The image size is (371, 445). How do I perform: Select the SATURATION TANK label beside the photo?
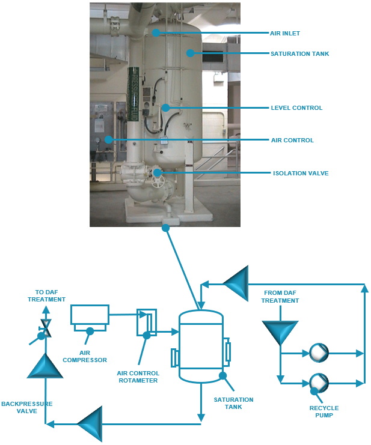click(x=299, y=53)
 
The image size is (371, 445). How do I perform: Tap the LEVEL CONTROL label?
click(x=296, y=108)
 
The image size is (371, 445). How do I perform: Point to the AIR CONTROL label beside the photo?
click(x=292, y=140)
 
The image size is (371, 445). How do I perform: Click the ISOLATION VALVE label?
click(x=300, y=173)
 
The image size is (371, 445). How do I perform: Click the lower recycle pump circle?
click(x=317, y=381)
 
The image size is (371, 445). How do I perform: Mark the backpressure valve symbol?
click(x=45, y=329)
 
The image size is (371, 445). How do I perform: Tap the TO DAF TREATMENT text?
click(x=46, y=295)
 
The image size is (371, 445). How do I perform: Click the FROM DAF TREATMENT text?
click(x=281, y=297)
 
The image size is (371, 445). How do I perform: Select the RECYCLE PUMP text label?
click(x=323, y=412)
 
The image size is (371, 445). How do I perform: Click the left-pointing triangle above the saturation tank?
click(x=237, y=283)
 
